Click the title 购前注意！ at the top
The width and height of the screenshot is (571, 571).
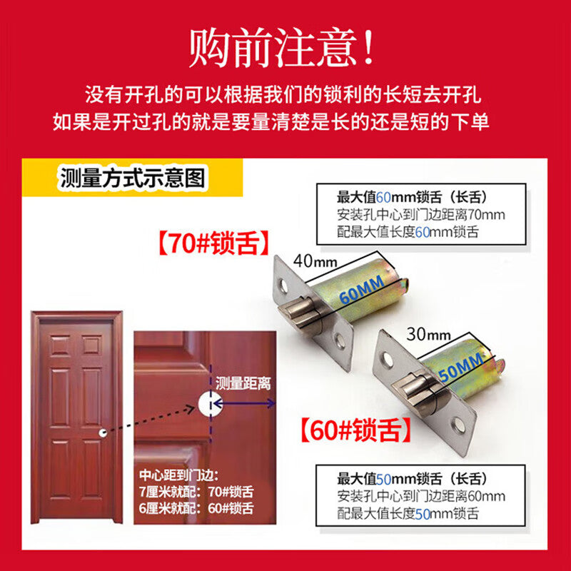coord(281,48)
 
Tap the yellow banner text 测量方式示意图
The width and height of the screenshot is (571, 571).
coord(133,178)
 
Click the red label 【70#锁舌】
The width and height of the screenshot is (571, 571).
coord(214,243)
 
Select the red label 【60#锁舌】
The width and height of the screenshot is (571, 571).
coord(356,430)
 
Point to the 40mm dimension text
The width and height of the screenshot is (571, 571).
coord(315,261)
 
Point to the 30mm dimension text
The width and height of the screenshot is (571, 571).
coord(428,334)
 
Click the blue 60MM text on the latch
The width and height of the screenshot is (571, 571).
coord(361,290)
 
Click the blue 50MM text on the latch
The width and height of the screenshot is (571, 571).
coord(461,367)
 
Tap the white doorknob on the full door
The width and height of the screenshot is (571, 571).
coord(103,433)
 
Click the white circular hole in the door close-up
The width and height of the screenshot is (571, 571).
coord(210,403)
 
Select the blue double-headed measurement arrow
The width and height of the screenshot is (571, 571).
coord(244,403)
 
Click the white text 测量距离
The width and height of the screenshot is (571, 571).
coord(243,383)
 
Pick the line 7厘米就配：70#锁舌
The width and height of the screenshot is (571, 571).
coord(196,492)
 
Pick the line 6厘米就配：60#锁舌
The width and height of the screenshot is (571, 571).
coord(196,508)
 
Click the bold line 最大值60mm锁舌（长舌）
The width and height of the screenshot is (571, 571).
coord(412,198)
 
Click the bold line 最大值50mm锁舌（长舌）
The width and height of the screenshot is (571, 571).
coord(412,479)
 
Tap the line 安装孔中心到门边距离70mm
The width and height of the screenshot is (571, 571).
coord(421,215)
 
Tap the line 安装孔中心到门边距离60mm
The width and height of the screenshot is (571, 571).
coord(421,496)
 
